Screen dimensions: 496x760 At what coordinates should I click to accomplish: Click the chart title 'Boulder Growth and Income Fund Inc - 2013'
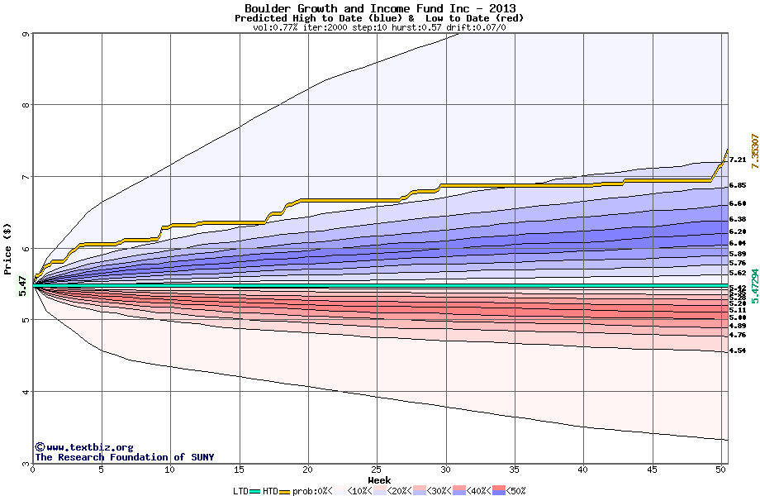[380, 8]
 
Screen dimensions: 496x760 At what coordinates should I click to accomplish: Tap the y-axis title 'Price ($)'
[8, 249]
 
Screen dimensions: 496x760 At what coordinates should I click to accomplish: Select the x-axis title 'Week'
[379, 480]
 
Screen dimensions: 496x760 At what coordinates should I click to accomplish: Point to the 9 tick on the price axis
[26, 34]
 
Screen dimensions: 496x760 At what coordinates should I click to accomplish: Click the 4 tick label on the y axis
[26, 392]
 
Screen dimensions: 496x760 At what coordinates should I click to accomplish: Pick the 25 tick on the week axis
[377, 470]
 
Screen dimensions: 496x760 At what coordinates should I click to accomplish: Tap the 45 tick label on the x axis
[653, 470]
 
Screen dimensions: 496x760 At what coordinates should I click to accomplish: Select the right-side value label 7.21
[738, 160]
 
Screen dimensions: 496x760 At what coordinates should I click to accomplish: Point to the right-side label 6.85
[738, 186]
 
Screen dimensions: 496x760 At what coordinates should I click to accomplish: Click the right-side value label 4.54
[738, 351]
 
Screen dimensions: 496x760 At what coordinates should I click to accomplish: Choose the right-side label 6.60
[738, 203]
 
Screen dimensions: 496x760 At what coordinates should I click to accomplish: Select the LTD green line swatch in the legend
[254, 491]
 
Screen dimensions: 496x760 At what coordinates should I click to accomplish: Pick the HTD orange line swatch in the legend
[285, 491]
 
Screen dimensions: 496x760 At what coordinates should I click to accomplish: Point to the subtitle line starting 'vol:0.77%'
[379, 27]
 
